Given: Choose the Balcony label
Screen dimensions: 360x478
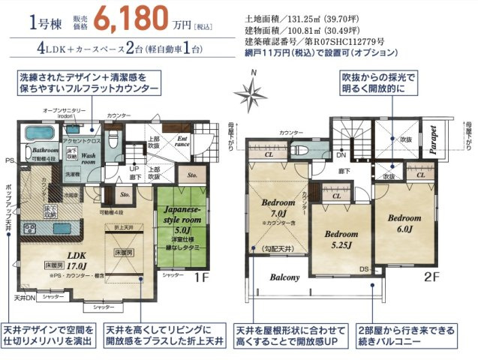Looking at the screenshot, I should tap(282, 277).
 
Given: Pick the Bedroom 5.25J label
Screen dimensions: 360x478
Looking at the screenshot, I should tap(341, 238).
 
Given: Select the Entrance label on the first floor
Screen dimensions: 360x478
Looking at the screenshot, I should tap(182, 142).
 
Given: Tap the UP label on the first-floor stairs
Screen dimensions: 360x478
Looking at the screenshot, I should tap(134, 169).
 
